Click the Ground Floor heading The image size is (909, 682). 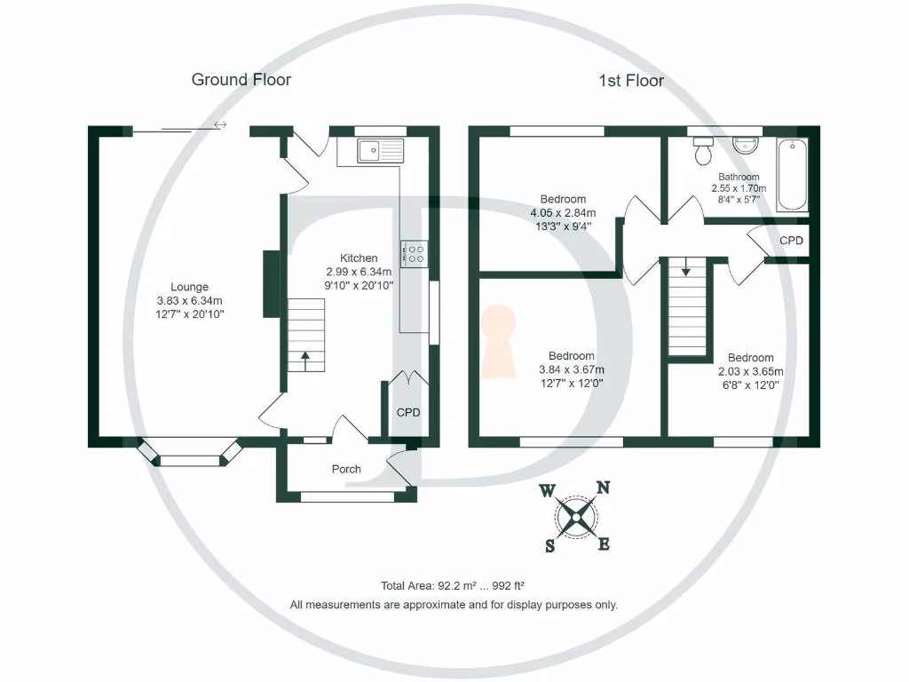coord(241,80)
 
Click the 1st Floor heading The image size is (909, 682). coord(631,81)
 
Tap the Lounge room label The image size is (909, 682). coord(190,287)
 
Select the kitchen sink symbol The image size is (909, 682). coord(379,151)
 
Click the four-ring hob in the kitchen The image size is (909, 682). coord(414,254)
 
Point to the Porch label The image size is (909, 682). coord(346,469)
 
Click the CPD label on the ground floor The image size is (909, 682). coord(407,413)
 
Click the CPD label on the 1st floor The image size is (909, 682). coord(792,241)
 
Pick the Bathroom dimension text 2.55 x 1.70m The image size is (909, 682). coord(739,188)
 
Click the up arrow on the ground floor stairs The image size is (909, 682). coord(305,360)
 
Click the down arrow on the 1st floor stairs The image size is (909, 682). coord(685,266)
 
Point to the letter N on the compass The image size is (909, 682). coord(603,487)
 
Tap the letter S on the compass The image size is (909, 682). coord(551,545)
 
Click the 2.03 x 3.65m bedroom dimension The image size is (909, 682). coord(751,371)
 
